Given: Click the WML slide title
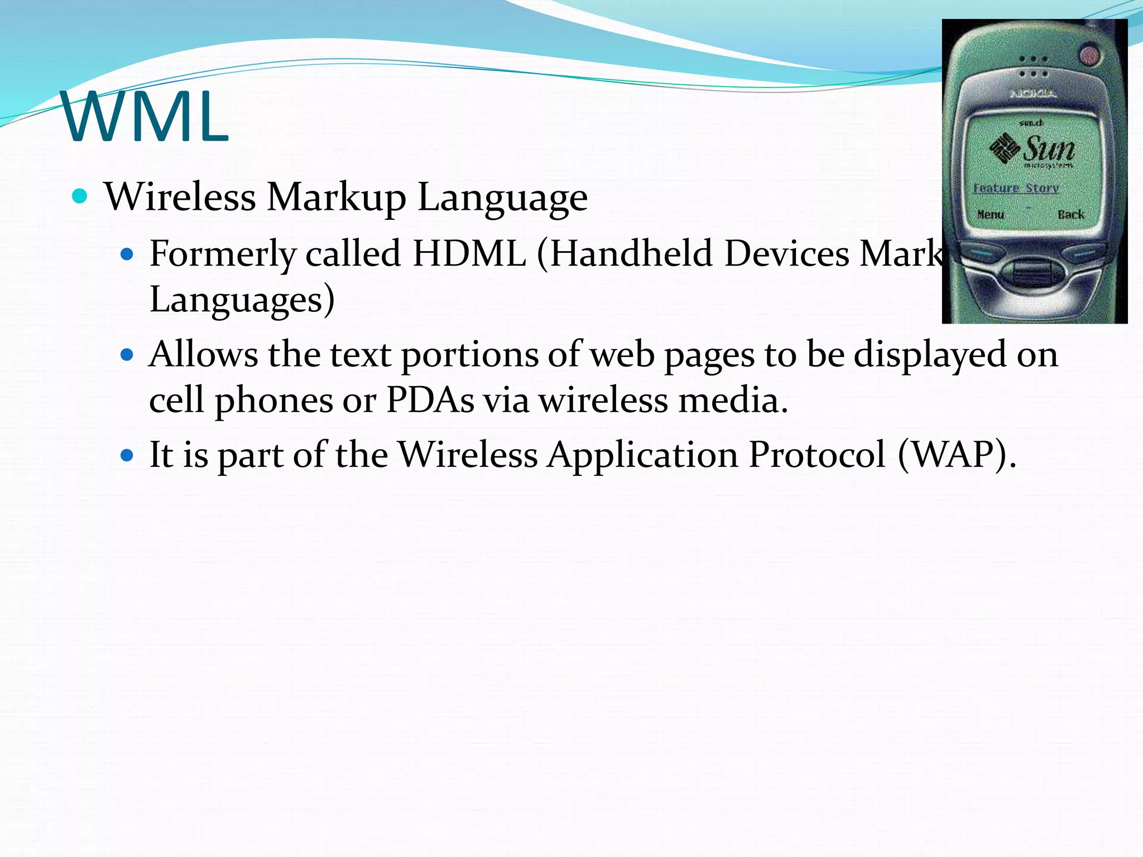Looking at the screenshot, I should (x=145, y=117).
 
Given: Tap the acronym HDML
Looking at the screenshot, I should (x=469, y=254).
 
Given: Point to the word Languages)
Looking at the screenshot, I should (x=242, y=300).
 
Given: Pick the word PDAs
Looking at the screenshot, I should (x=430, y=400).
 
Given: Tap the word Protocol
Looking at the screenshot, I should (x=817, y=455).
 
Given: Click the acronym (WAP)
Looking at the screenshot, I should (x=957, y=455).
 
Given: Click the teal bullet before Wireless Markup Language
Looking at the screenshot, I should (x=80, y=196).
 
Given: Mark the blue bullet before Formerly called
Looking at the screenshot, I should (x=128, y=254).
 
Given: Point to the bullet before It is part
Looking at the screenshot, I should (x=128, y=455).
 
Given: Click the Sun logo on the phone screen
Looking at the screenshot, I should (x=1032, y=150).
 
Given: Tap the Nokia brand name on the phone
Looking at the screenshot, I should (x=1033, y=94).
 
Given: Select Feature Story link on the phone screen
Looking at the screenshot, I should (x=1016, y=188).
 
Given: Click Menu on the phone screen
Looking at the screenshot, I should (x=991, y=214).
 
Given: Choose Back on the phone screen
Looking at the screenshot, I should (x=1070, y=214).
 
